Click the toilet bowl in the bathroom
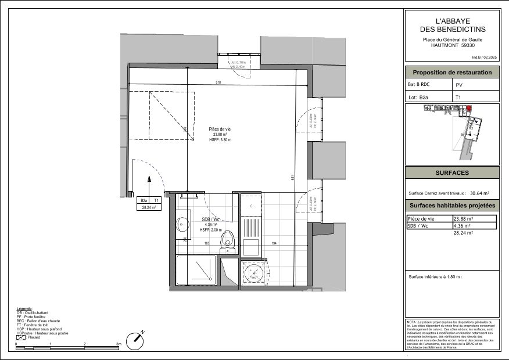click(230, 238)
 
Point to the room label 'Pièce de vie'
click(220, 129)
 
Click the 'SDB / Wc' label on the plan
click(210, 219)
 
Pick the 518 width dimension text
click(218, 82)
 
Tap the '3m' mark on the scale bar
click(119, 344)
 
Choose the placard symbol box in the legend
click(20, 337)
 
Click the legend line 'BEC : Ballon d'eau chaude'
click(38, 321)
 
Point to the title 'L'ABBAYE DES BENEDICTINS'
click(452, 25)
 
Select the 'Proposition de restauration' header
click(452, 73)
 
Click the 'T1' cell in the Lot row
click(458, 98)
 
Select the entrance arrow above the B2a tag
click(150, 182)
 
